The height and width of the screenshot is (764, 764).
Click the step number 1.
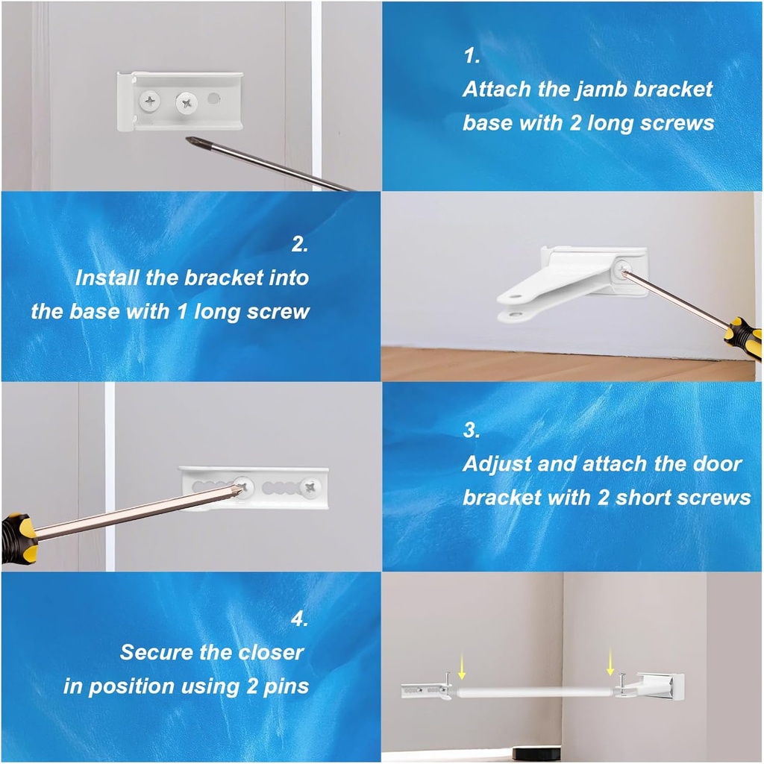tap(471, 56)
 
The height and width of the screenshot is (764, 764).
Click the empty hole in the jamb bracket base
tap(215, 98)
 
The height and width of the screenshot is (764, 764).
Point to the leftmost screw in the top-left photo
tap(152, 98)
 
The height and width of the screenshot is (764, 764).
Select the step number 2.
tap(298, 244)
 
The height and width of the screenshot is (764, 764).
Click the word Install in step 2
tap(107, 278)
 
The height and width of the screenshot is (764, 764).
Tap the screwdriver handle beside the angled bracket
tap(744, 337)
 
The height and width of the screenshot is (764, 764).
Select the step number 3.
tap(471, 430)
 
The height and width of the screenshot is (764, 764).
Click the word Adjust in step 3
tap(498, 464)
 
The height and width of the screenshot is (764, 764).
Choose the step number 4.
tap(298, 619)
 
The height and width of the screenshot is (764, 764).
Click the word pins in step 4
tap(284, 686)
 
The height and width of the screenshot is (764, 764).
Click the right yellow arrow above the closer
tap(611, 660)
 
